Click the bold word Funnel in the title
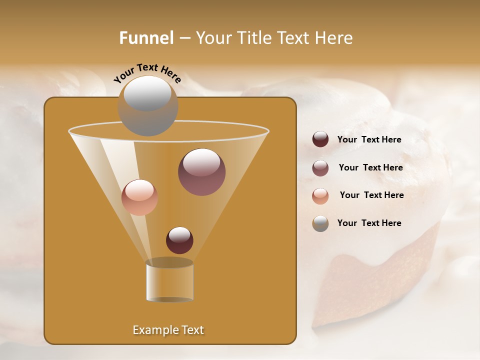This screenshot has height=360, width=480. [x=146, y=38]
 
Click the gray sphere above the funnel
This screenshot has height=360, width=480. [x=147, y=106]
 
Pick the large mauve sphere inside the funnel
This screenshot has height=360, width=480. [x=201, y=172]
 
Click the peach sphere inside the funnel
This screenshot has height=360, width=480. [x=139, y=197]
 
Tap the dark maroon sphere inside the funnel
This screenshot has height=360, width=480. [x=179, y=240]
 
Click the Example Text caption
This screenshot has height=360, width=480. [x=168, y=330]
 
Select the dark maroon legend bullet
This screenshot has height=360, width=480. [x=320, y=139]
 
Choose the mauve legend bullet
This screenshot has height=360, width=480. [x=320, y=167]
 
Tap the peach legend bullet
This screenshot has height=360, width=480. [x=320, y=195]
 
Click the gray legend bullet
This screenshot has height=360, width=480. [x=320, y=223]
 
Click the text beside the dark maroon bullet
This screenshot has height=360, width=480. [x=369, y=139]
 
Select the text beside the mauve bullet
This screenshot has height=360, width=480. [x=370, y=167]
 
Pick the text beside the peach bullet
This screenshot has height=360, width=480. [x=371, y=195]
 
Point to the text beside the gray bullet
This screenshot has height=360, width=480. [x=369, y=223]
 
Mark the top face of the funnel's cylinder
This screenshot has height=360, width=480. [x=169, y=263]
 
